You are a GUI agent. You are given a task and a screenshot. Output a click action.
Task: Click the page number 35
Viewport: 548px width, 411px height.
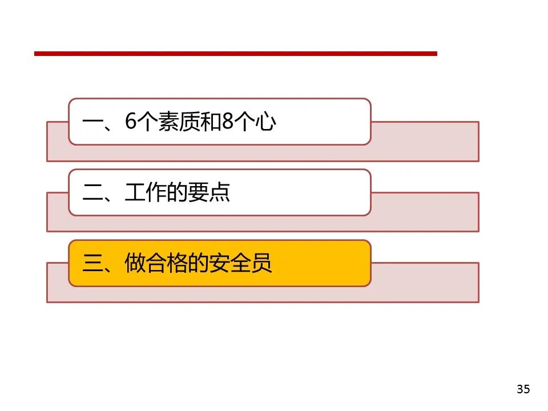[x=523, y=390]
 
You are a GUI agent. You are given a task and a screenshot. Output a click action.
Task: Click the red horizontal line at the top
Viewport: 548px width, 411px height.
[x=235, y=54]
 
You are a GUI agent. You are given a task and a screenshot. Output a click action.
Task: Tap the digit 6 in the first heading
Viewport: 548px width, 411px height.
[x=130, y=122]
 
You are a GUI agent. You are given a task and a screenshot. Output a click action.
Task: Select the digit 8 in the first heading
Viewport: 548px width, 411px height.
[x=228, y=122]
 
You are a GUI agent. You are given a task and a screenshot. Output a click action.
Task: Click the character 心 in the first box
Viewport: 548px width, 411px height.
[x=265, y=122]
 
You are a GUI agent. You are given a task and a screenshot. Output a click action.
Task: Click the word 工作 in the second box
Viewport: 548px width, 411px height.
[x=146, y=193]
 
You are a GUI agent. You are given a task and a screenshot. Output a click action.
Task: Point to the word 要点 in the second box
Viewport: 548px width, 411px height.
[x=210, y=193]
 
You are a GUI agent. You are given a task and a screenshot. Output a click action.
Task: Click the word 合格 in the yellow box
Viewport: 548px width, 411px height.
[x=167, y=264]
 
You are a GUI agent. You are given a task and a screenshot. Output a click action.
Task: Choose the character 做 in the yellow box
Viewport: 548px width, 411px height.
[x=135, y=264]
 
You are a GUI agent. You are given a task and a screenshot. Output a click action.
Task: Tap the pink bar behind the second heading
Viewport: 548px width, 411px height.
[x=425, y=212]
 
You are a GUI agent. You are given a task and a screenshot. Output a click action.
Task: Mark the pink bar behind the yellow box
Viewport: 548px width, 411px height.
[x=425, y=283]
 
